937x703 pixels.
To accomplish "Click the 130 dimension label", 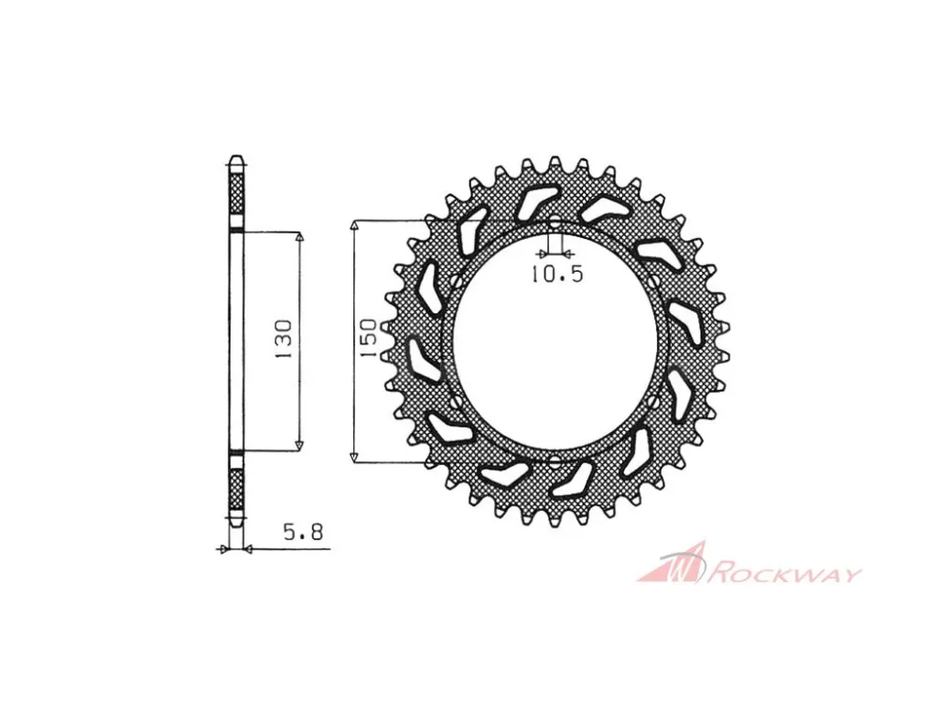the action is click(x=285, y=339).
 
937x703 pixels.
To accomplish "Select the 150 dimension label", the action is click(x=368, y=338).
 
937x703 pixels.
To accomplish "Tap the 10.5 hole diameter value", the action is click(x=557, y=274).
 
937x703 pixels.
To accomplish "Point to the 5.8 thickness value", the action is click(x=303, y=531).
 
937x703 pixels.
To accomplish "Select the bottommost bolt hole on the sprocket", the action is click(x=556, y=461).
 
